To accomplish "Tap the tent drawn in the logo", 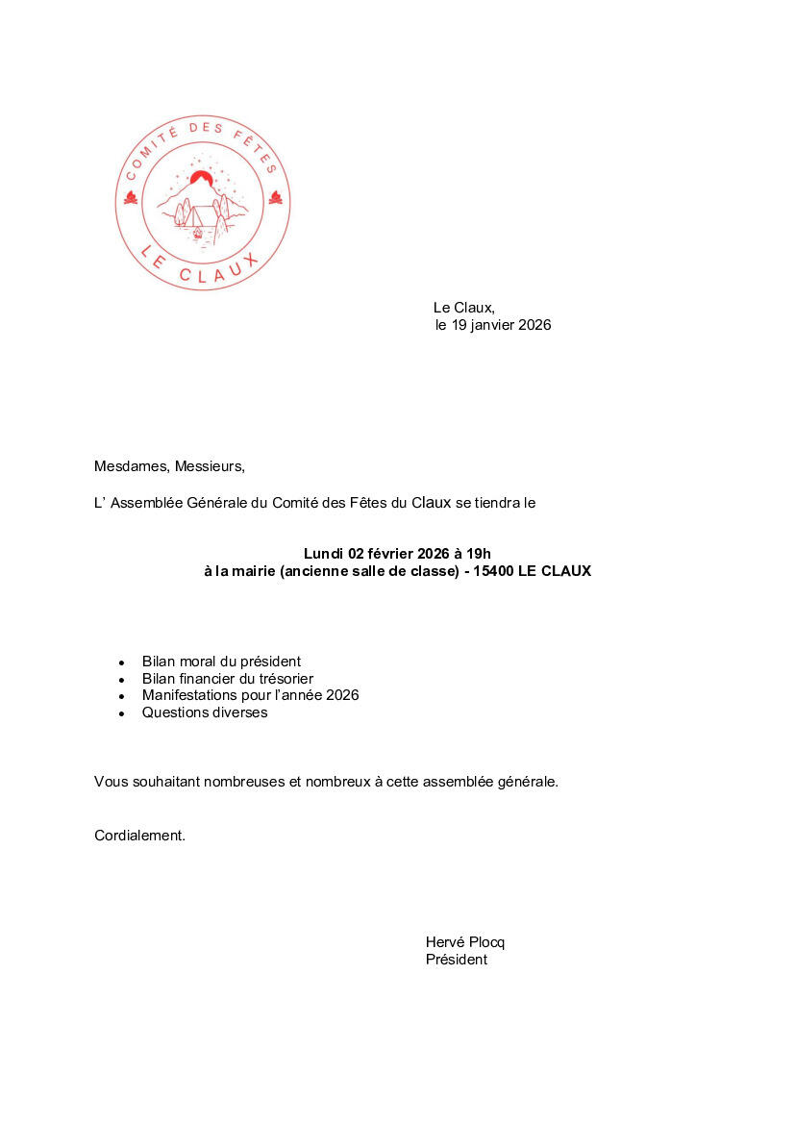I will click(x=201, y=215).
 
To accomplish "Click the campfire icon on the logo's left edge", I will click(x=131, y=198).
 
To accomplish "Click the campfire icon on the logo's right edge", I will click(x=276, y=198).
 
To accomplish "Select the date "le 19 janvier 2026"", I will click(x=493, y=325).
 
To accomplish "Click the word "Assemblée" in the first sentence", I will click(x=146, y=502).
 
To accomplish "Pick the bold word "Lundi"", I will click(x=324, y=553).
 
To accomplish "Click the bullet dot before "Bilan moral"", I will click(x=122, y=662).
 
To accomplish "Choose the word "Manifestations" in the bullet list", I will click(x=189, y=695).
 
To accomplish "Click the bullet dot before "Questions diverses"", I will click(x=122, y=713).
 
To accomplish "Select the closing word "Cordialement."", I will click(x=139, y=836).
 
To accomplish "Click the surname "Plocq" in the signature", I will click(x=487, y=942).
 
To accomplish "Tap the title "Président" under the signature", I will click(x=457, y=960).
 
